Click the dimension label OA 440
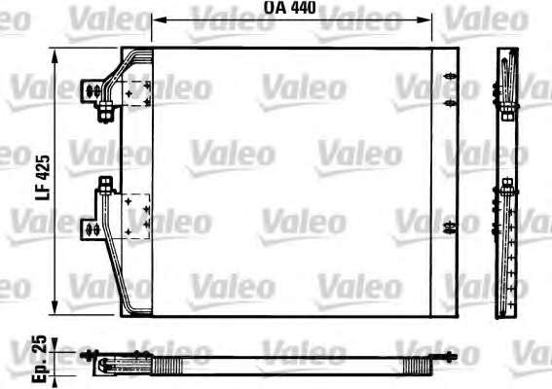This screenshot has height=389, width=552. tap(290, 8)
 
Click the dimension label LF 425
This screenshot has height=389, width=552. tap(43, 178)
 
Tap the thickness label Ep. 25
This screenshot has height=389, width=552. tap(39, 359)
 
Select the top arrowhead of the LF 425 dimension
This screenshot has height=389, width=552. tap(55, 56)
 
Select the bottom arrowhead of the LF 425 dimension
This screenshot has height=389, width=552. tap(55, 307)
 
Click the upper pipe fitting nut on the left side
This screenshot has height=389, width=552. tap(105, 112)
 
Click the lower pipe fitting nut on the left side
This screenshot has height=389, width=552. tap(105, 186)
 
